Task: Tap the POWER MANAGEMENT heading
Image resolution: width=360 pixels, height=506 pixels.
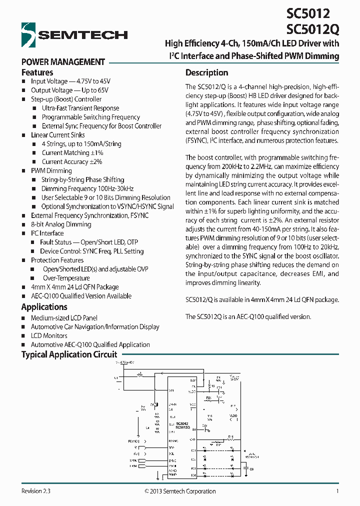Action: (x=63, y=62)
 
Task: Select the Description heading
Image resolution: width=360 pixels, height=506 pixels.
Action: (x=206, y=72)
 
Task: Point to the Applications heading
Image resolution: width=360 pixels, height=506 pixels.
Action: (x=44, y=307)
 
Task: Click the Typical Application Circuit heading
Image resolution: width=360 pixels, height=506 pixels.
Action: (x=69, y=354)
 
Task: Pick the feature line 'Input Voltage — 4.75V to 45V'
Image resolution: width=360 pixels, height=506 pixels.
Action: (x=70, y=81)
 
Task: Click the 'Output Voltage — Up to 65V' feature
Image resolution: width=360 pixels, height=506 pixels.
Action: (x=69, y=90)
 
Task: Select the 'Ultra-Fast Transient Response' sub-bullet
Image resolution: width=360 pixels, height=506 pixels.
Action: (x=80, y=108)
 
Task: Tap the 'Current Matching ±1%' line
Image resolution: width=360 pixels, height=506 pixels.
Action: (x=72, y=152)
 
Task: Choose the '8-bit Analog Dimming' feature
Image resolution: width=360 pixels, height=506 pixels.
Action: (x=61, y=224)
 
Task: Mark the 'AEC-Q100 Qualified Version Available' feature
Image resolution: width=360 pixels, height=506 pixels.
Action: (x=81, y=296)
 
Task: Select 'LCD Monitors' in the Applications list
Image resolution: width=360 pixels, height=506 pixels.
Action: (x=49, y=335)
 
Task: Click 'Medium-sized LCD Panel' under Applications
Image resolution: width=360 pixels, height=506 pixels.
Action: (x=64, y=318)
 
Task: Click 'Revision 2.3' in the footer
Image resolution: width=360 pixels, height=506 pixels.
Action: (x=36, y=491)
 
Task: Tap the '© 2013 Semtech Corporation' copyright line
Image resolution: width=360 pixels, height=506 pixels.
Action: (x=180, y=491)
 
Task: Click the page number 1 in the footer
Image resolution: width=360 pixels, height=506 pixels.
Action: (x=337, y=491)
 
